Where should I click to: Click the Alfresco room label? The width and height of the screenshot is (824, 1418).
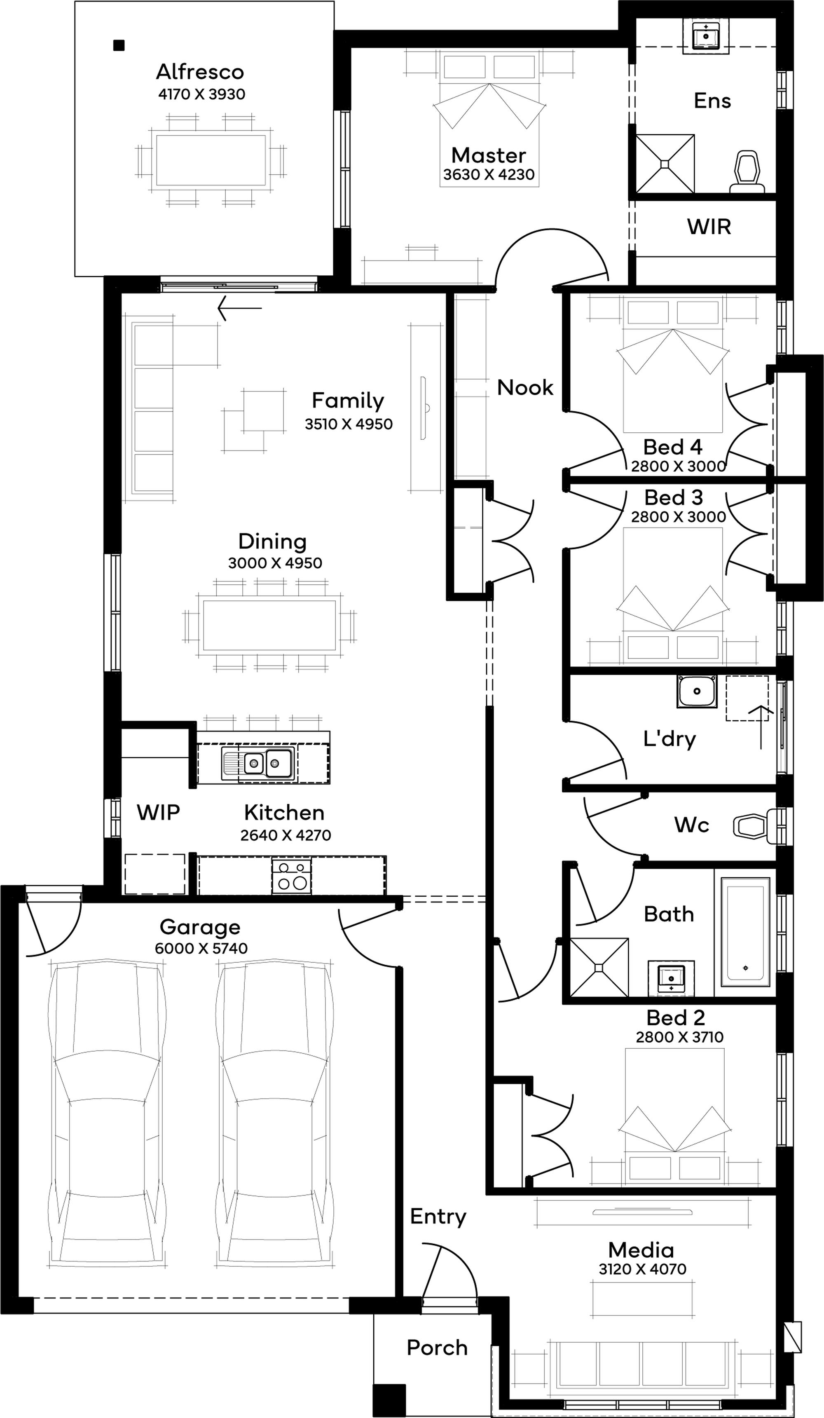tap(200, 72)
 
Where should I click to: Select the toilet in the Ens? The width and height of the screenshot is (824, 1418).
tap(747, 171)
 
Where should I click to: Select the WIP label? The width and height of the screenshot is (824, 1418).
tap(158, 813)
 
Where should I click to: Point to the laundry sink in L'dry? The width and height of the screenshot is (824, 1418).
tap(696, 691)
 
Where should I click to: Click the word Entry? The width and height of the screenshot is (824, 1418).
tap(438, 1216)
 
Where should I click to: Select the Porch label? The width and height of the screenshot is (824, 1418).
tap(437, 1348)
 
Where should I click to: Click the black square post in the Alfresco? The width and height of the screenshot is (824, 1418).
tap(119, 45)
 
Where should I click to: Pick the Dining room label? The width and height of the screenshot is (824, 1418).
tap(272, 541)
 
